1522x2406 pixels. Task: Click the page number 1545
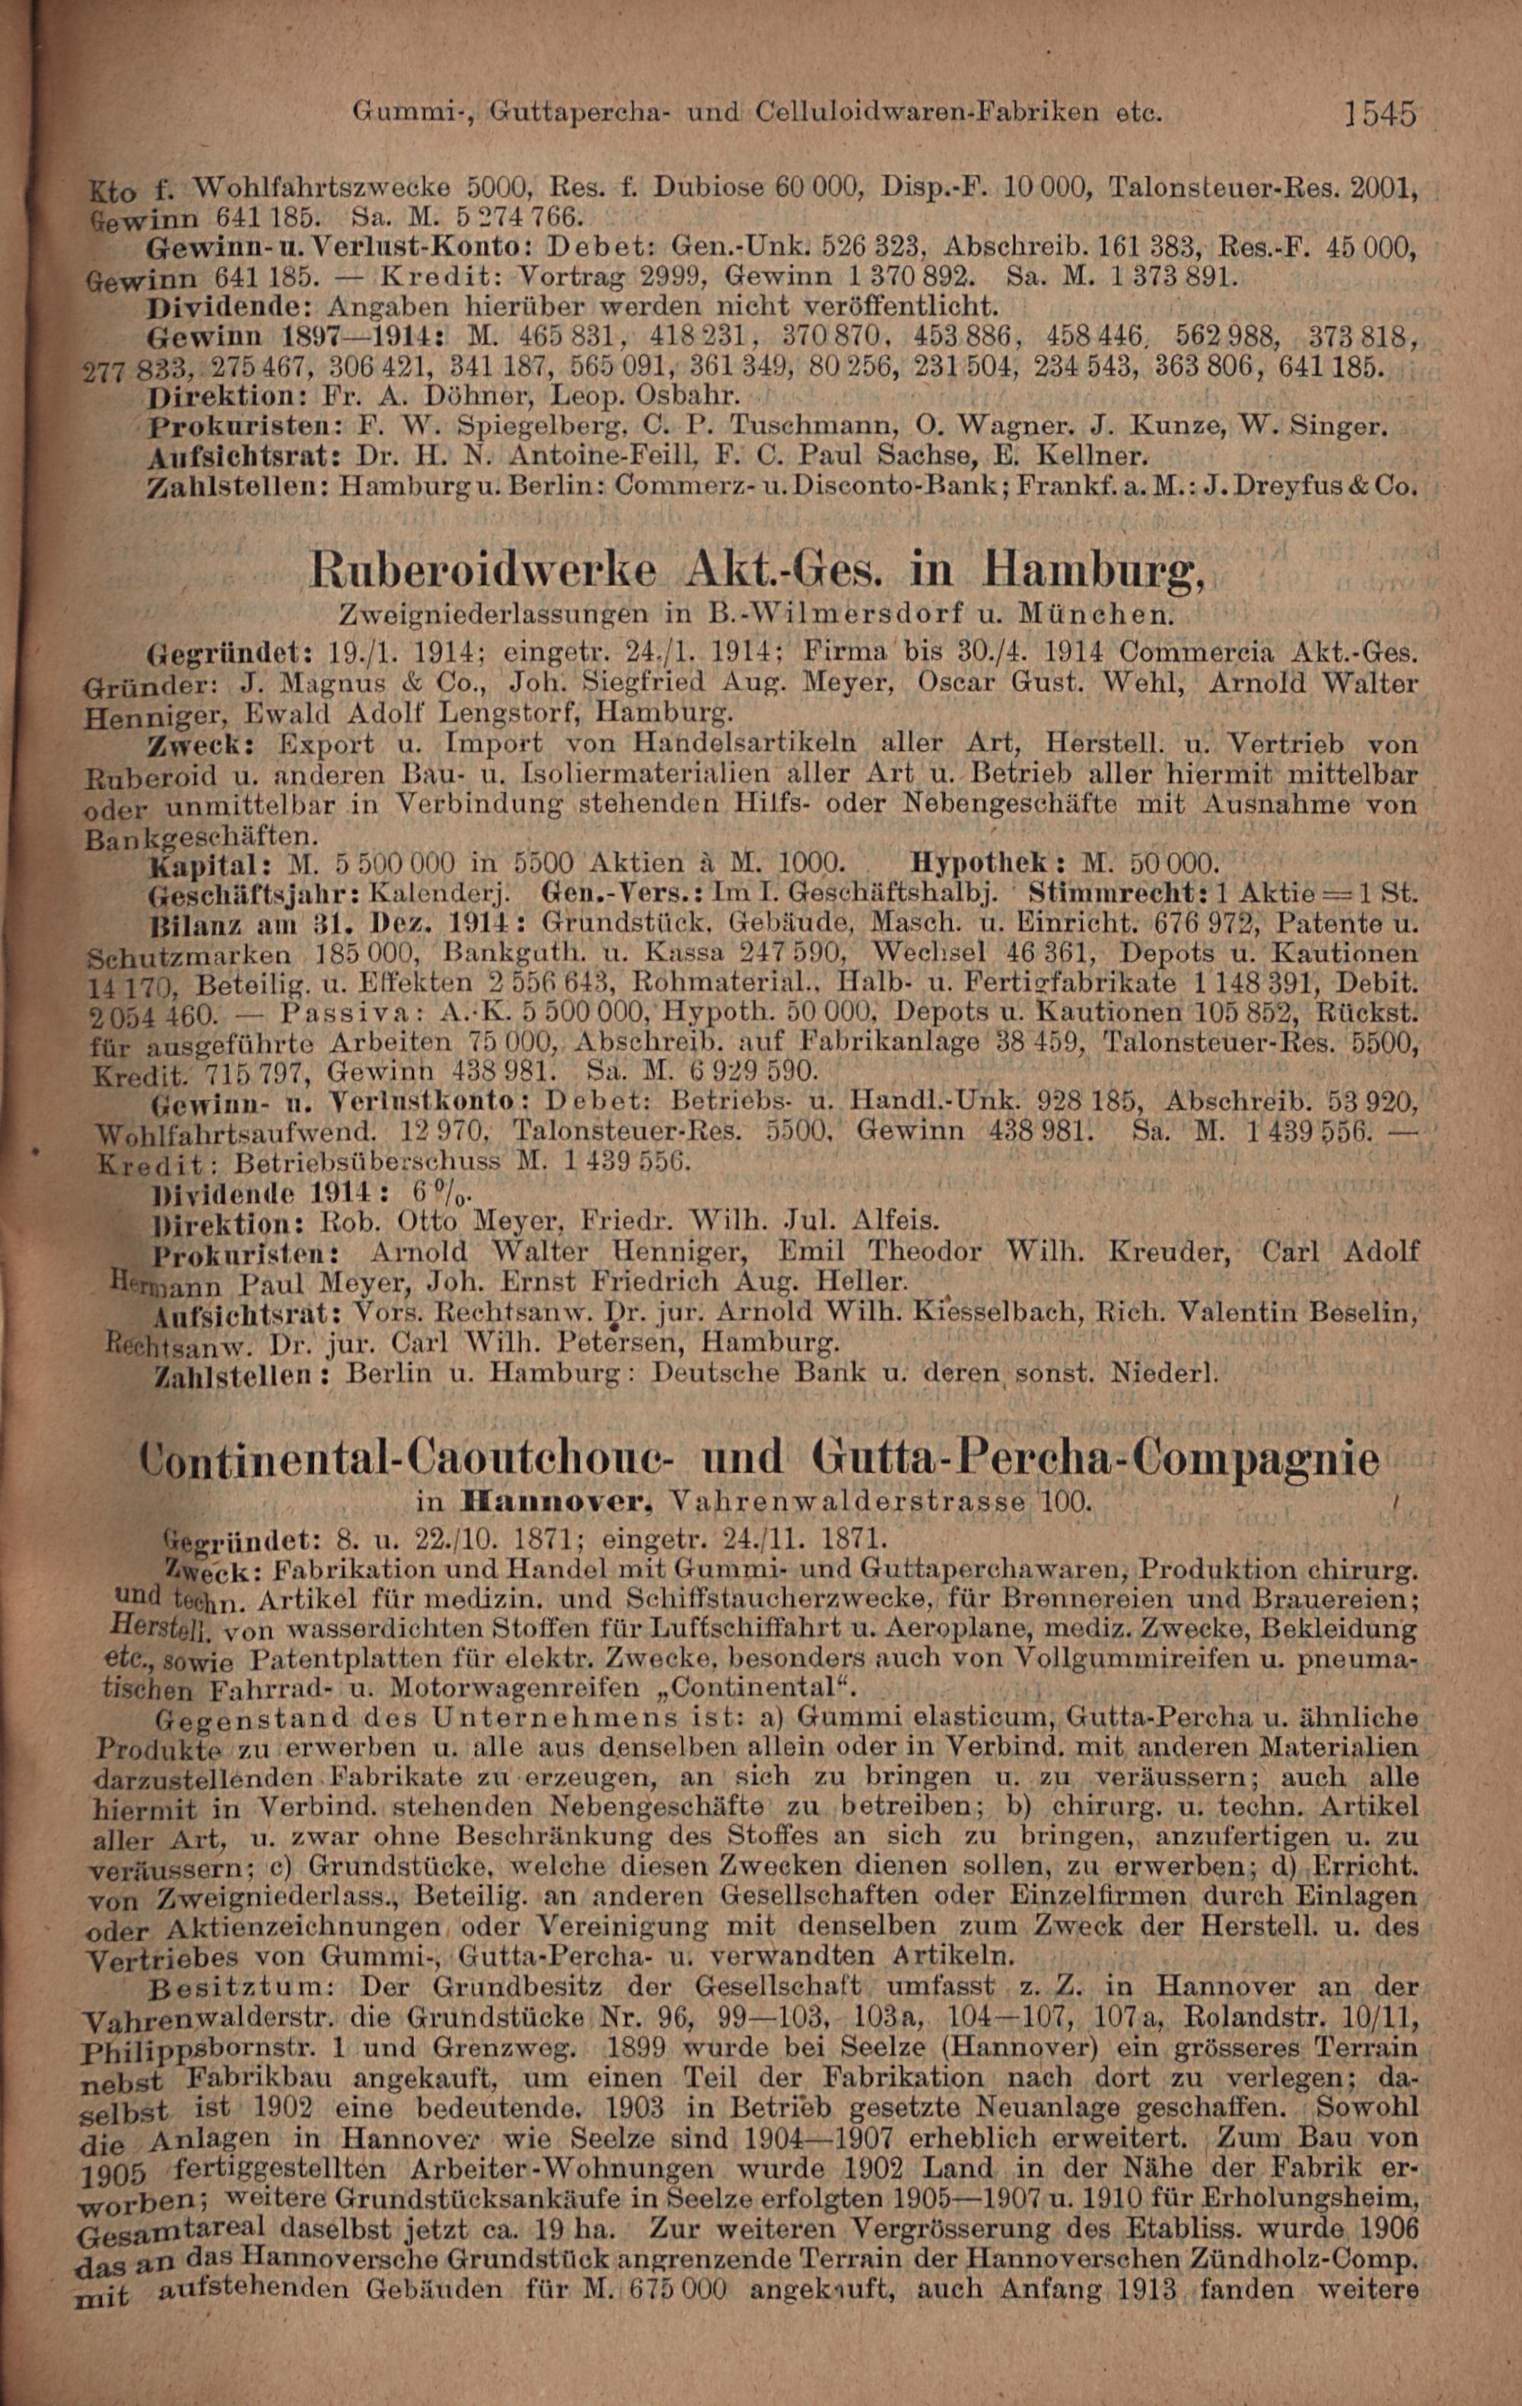pyautogui.click(x=1380, y=113)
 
